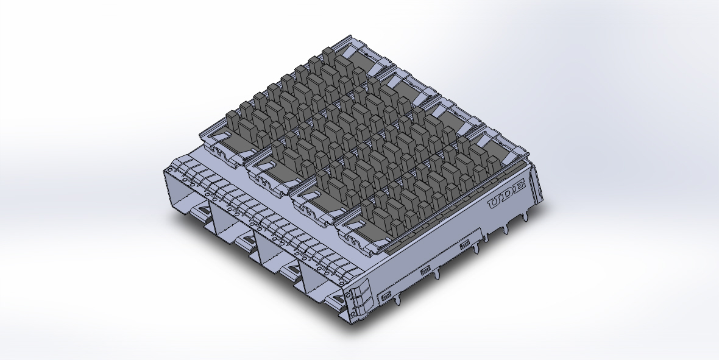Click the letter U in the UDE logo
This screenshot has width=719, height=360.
[x=495, y=203]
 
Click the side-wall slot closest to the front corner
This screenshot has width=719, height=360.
[x=386, y=297]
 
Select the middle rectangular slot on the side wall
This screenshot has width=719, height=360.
[x=425, y=270]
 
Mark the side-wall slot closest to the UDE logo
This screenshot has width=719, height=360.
[x=465, y=244]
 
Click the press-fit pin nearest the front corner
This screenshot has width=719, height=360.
[x=397, y=302]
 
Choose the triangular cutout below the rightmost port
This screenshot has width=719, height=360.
[x=334, y=298]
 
